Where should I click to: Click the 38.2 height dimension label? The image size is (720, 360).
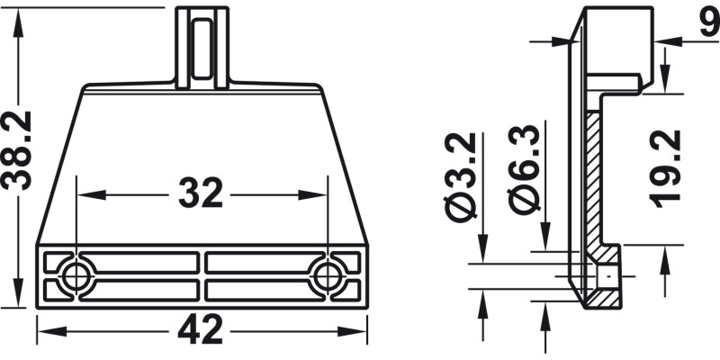pos(16,150)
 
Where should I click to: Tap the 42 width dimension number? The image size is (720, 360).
pos(201,329)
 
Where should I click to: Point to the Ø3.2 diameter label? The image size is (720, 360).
pos(461,176)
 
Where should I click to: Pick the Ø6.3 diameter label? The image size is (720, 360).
pos(524,168)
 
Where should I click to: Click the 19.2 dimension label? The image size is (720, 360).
pos(664,169)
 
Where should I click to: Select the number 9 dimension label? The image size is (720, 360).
pos(710,23)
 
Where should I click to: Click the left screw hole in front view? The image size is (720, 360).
pos(76,277)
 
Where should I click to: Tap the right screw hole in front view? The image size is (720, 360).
pos(328,277)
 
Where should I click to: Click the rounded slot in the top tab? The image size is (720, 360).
pos(202,49)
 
